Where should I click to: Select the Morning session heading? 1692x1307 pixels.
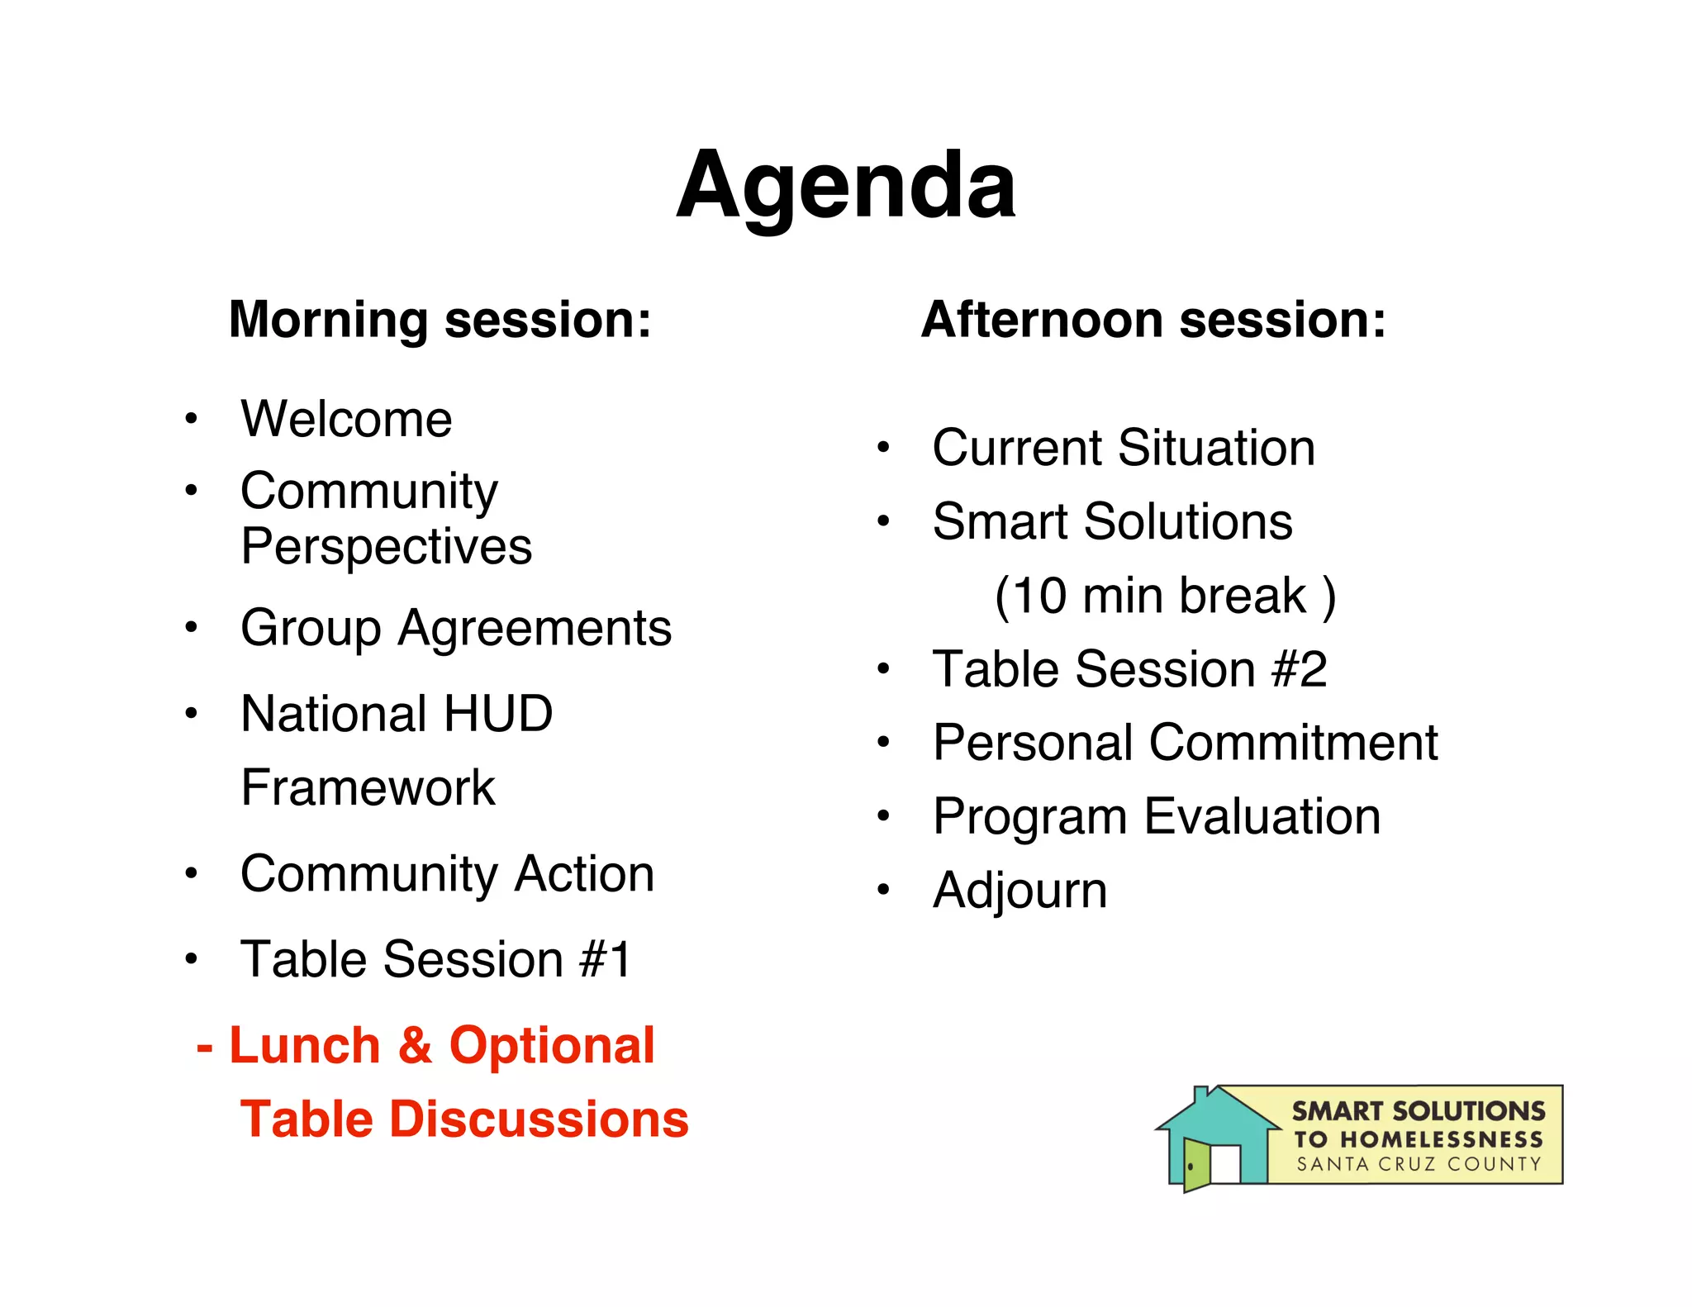(440, 320)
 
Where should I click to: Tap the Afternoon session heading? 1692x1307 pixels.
(1153, 320)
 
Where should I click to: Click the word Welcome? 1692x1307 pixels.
(346, 419)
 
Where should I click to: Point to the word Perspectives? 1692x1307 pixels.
(386, 547)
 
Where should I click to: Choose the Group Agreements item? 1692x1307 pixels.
(456, 628)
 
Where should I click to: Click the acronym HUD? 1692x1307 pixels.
(497, 714)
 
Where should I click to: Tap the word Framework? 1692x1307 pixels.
(368, 787)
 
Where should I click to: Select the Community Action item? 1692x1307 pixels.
(447, 874)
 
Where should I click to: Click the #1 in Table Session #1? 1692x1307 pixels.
(606, 960)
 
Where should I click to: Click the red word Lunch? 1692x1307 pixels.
(304, 1046)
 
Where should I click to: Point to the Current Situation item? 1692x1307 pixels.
(1124, 449)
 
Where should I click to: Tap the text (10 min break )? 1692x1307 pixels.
(1165, 596)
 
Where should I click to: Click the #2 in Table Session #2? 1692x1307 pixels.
(1300, 669)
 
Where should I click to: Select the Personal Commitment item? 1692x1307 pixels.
(1186, 743)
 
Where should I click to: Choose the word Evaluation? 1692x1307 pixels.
(1262, 817)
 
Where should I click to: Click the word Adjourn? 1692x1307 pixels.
(1019, 891)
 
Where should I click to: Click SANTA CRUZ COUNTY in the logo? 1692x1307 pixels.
(1419, 1165)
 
